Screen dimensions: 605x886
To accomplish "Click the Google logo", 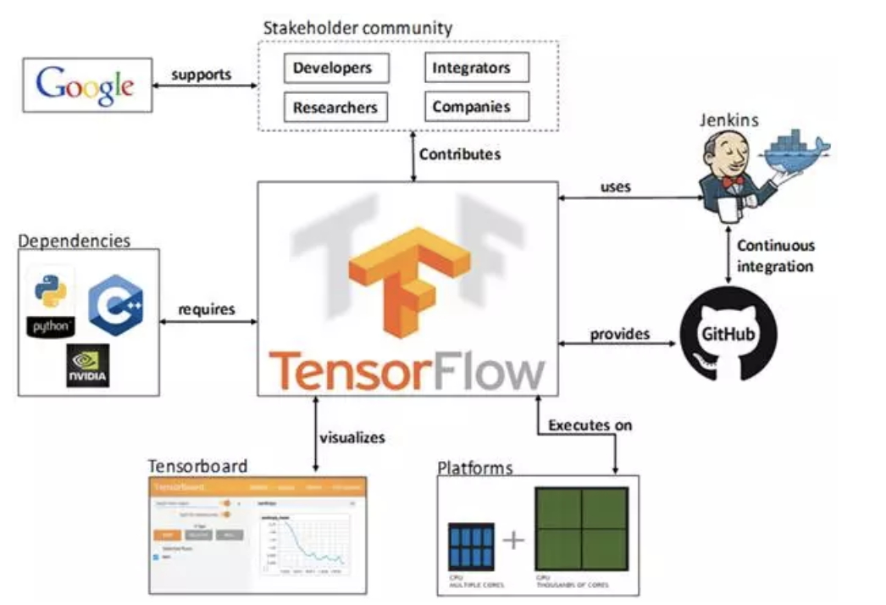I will (86, 85).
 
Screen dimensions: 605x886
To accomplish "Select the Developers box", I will (337, 68).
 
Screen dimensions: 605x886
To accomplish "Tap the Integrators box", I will (477, 67).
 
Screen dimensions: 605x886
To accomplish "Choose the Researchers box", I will (335, 108).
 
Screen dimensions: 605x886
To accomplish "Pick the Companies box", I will (477, 107).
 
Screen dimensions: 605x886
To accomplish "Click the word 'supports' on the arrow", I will (201, 75).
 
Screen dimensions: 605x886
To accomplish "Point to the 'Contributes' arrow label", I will (459, 154).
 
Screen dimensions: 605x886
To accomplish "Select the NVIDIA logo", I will (88, 365).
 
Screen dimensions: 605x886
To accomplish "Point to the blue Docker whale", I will (795, 152).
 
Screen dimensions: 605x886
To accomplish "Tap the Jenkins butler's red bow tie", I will (734, 181).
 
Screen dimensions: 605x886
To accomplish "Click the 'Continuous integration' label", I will (775, 256).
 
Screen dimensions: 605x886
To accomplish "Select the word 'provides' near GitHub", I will (619, 334).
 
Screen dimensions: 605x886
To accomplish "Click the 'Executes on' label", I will (590, 425).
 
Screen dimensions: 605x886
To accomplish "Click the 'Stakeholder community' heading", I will (357, 27).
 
